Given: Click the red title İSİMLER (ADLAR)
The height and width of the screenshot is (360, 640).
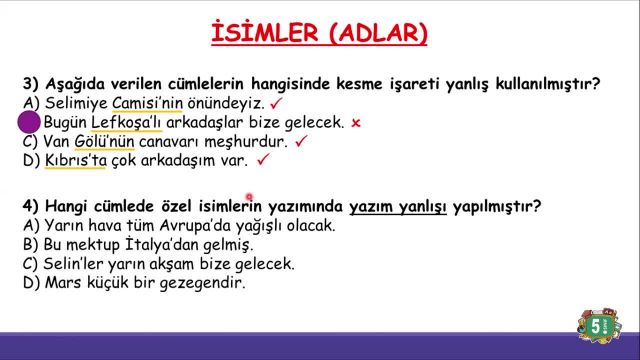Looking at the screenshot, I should (319, 34).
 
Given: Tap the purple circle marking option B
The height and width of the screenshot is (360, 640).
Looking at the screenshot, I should (29, 123).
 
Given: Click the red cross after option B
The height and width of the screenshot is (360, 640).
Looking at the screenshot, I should (355, 122).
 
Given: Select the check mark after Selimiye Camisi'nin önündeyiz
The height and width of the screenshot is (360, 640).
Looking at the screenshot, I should (275, 102).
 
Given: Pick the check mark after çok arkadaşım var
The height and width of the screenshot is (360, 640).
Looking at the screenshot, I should (263, 159).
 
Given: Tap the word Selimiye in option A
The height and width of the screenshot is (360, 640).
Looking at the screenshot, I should (74, 103).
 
